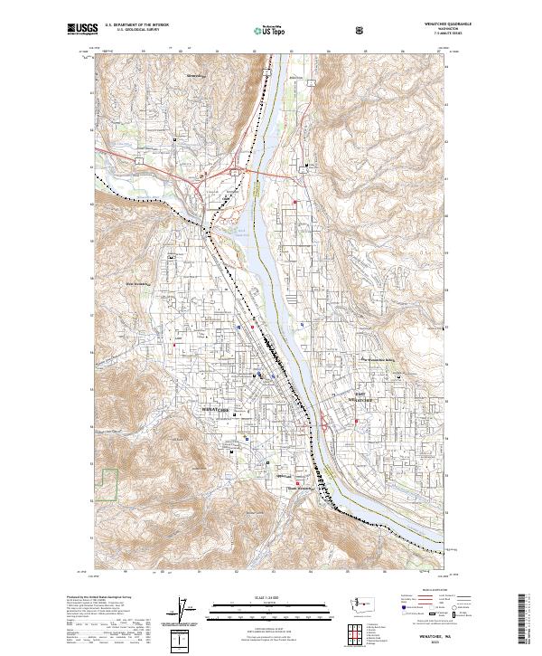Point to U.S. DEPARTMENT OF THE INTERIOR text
(x=136, y=25)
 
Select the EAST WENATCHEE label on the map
(x=360, y=396)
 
